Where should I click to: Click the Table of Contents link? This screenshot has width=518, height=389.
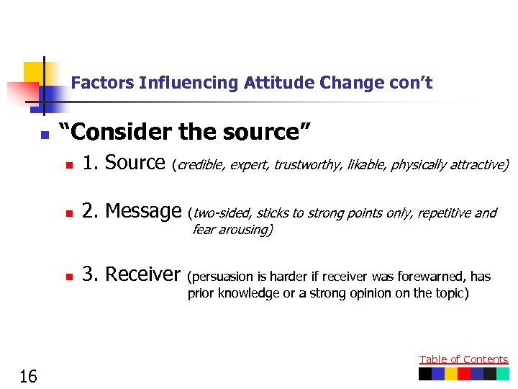coord(463,359)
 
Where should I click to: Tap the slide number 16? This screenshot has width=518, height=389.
coord(29,375)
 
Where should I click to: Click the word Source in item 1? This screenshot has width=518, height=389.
coord(135,164)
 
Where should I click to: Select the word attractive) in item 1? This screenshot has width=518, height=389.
coord(478,166)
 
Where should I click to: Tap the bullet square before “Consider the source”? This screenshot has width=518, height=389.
coord(44,135)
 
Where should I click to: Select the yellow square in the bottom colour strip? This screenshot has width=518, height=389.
coord(451,375)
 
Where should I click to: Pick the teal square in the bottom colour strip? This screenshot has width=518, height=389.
coord(502,375)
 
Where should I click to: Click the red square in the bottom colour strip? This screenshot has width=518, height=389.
coord(464,375)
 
